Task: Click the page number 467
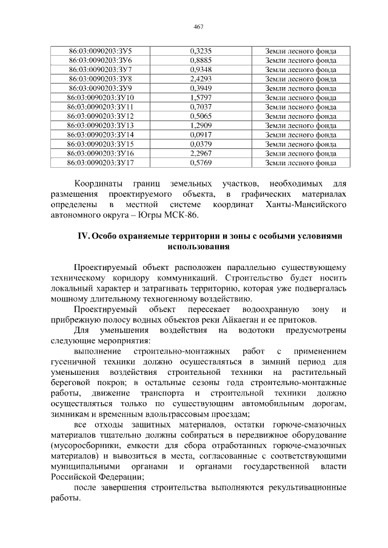tap(198, 27)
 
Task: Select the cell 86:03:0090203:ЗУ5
tap(101, 51)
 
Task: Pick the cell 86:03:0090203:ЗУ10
tap(101, 97)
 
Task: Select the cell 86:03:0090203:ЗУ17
tap(101, 162)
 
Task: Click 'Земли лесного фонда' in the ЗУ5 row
tap(301, 51)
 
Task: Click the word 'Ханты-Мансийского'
tap(306, 205)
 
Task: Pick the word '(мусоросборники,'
tap(85, 446)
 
